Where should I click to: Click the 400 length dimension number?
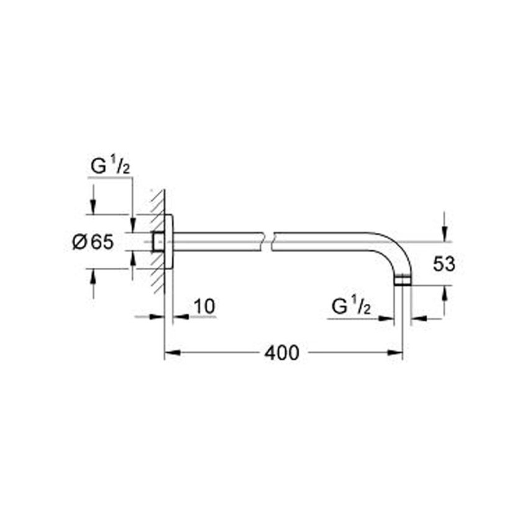(281, 353)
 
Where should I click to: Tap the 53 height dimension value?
(444, 264)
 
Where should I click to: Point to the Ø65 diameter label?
(93, 242)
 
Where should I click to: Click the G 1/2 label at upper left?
(111, 167)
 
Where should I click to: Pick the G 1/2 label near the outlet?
(352, 306)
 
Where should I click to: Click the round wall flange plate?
(168, 242)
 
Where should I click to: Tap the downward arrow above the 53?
(444, 234)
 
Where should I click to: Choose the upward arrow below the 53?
(444, 293)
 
